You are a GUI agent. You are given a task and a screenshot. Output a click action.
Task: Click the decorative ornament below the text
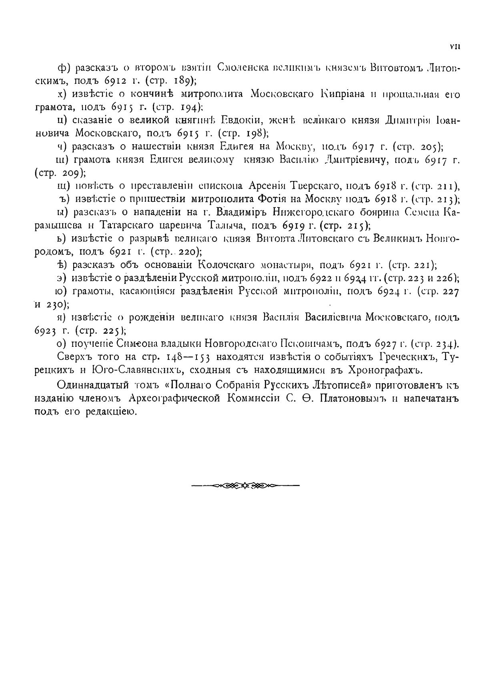coord(245,486)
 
